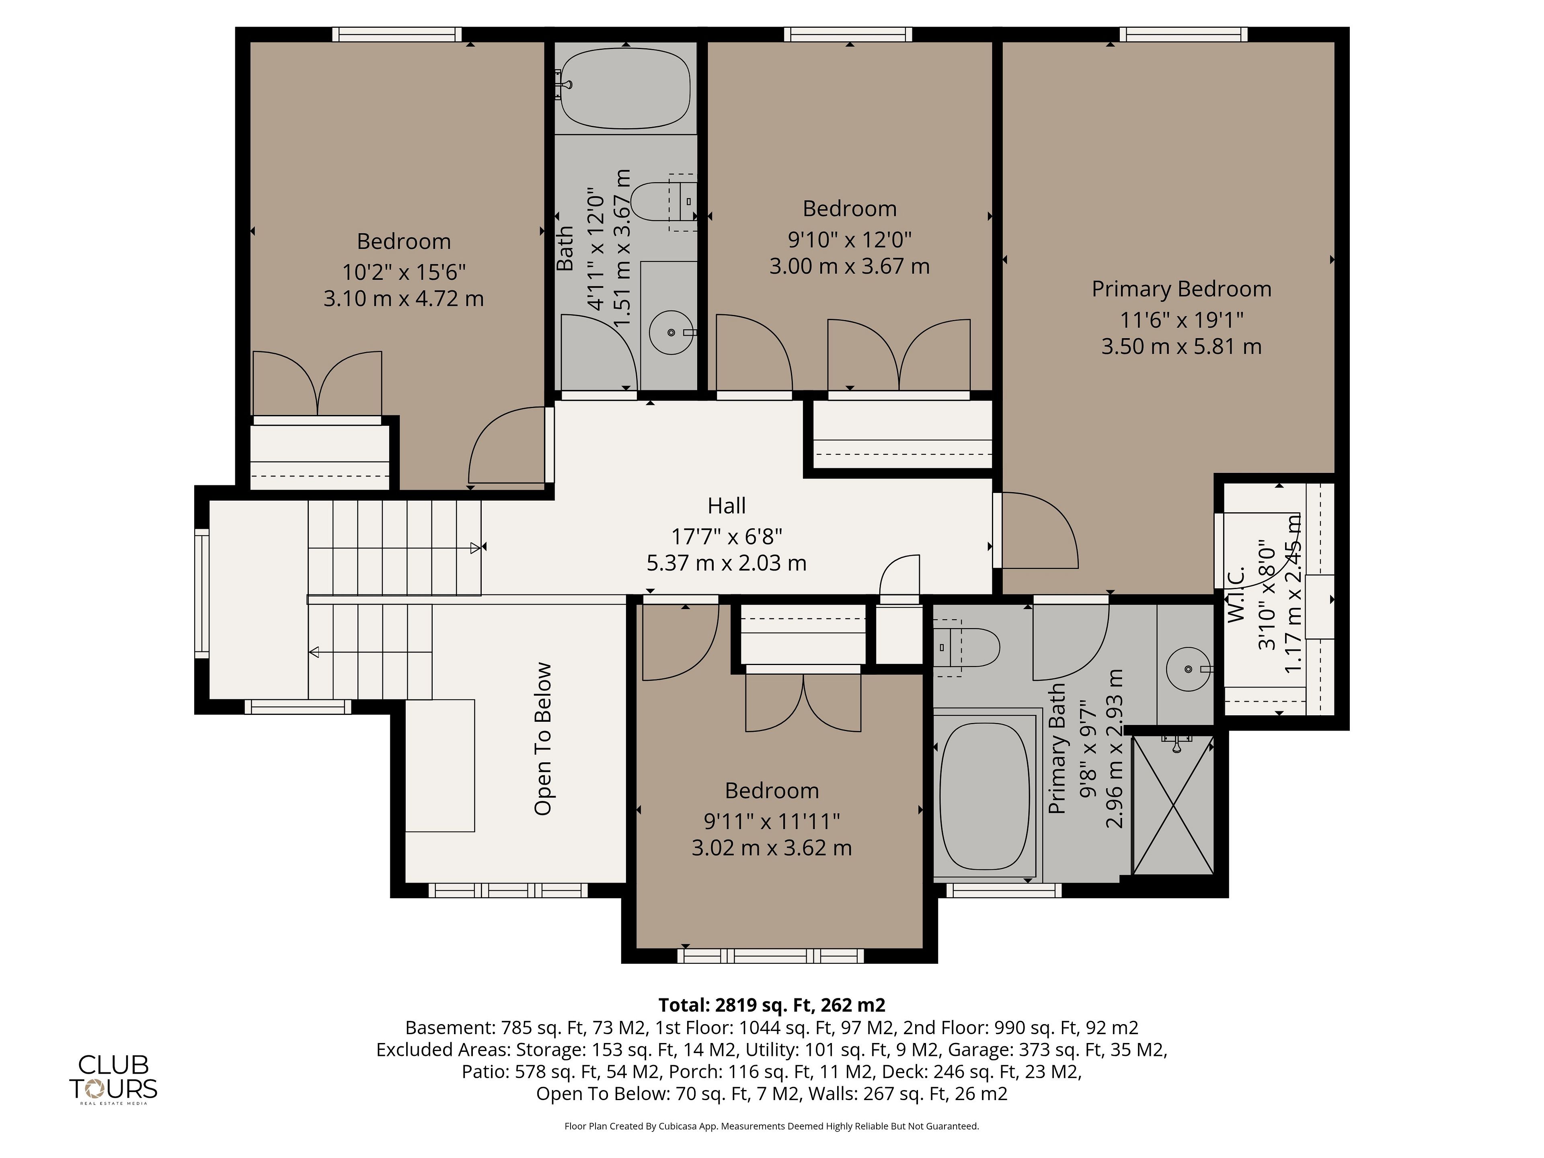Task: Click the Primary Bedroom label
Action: (x=1181, y=289)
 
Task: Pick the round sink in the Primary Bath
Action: (x=1189, y=669)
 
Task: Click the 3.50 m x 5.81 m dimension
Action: (x=1181, y=346)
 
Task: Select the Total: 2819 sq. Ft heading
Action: (x=772, y=1005)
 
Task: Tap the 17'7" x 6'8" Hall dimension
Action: (x=727, y=536)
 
